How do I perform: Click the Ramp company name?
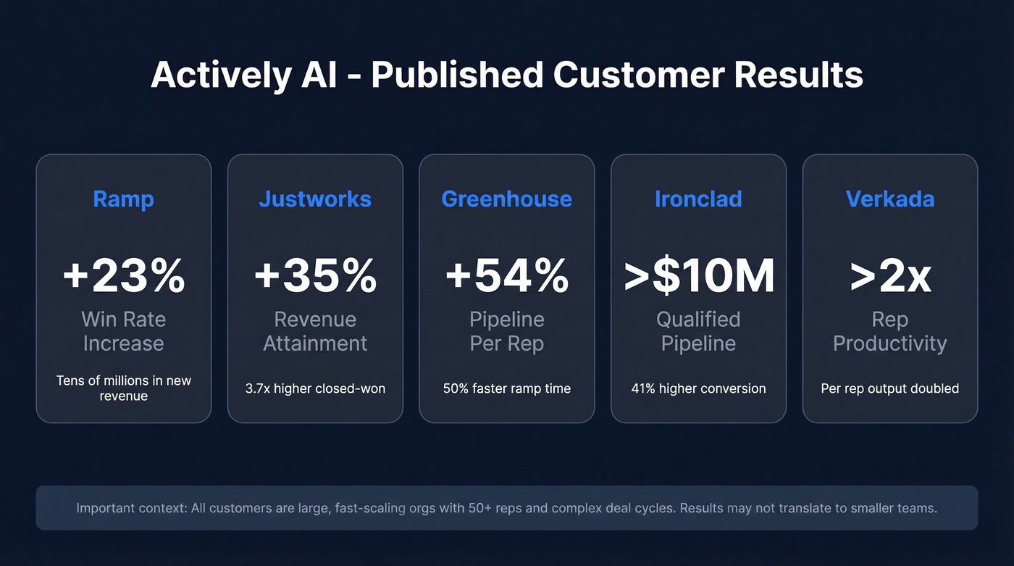pos(123,199)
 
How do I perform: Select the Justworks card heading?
pos(315,199)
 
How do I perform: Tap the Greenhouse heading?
pos(506,199)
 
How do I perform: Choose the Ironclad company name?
pos(698,199)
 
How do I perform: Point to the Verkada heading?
pos(889,199)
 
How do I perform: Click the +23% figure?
pos(123,276)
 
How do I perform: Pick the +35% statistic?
pos(315,276)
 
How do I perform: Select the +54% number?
pos(506,276)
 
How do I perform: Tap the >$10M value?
pos(698,276)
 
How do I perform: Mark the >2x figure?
pos(889,276)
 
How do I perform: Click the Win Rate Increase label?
pos(123,331)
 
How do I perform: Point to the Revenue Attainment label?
pos(315,331)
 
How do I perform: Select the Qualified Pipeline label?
pos(698,331)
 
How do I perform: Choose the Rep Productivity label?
pos(889,331)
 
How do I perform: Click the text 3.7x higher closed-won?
pos(315,388)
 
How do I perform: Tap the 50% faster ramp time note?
pos(506,388)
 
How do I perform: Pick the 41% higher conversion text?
pos(698,388)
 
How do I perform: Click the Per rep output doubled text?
pos(889,388)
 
